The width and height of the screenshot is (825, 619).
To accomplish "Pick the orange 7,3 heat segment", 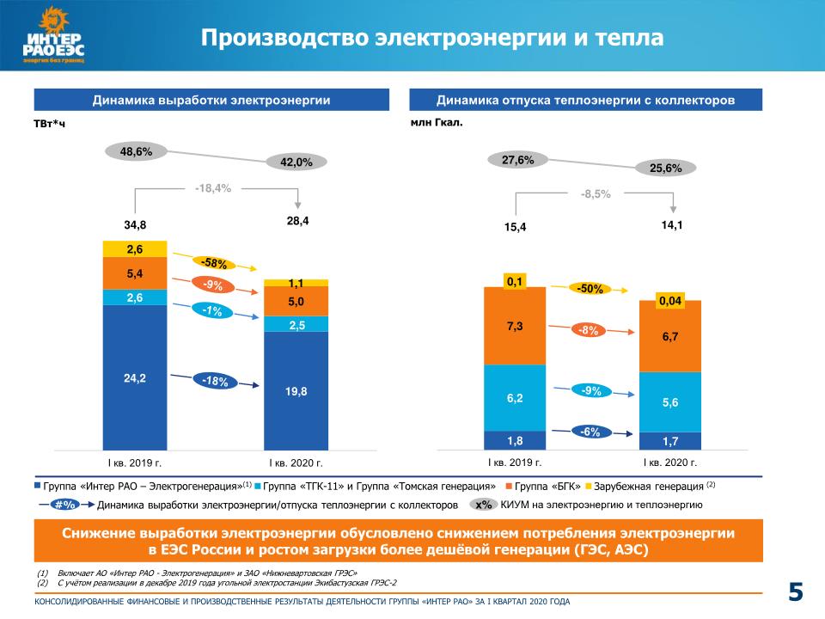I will pyautogui.click(x=515, y=325).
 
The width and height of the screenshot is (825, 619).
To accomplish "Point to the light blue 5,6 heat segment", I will pyautogui.click(x=670, y=401).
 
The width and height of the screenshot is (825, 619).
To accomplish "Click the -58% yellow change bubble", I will pyautogui.click(x=213, y=261).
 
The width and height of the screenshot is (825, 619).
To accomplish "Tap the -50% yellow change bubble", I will pyautogui.click(x=590, y=289).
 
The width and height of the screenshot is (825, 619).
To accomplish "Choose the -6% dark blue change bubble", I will pyautogui.click(x=590, y=432).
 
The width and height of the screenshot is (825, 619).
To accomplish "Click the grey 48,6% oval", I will pyautogui.click(x=136, y=151).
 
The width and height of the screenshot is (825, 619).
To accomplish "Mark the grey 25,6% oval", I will pyautogui.click(x=665, y=168).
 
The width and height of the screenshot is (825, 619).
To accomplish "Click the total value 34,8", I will pyautogui.click(x=136, y=225).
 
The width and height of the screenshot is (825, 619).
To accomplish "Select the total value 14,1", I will pyautogui.click(x=670, y=225).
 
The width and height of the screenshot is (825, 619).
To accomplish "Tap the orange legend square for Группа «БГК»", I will pyautogui.click(x=510, y=486).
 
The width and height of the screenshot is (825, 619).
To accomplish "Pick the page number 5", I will pyautogui.click(x=796, y=591).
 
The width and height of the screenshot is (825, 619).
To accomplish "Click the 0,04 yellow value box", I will pyautogui.click(x=670, y=300).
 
